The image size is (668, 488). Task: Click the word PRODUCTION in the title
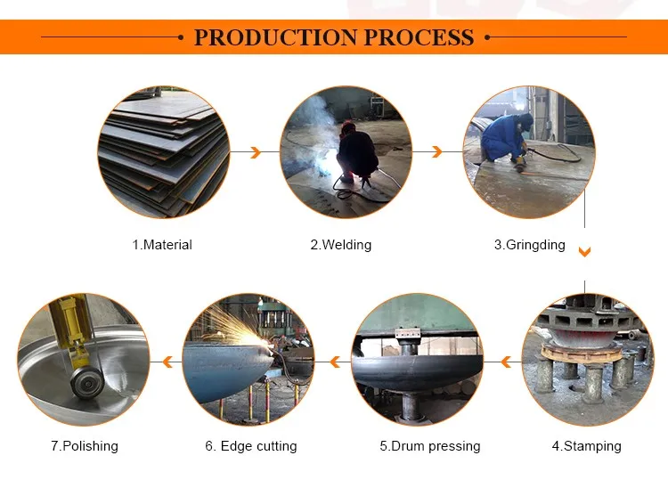pyautogui.click(x=265, y=37)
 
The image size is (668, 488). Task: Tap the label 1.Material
pyautogui.click(x=162, y=245)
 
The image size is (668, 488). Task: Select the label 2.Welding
pyautogui.click(x=340, y=245)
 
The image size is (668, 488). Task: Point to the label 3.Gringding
pyautogui.click(x=529, y=245)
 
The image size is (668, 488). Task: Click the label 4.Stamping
pyautogui.click(x=586, y=446)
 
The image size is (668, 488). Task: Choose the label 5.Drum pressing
pyautogui.click(x=429, y=446)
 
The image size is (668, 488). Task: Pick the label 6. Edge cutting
pyautogui.click(x=251, y=446)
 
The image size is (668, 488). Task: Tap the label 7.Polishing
pyautogui.click(x=83, y=446)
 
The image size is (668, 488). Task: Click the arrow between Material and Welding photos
pyautogui.click(x=255, y=153)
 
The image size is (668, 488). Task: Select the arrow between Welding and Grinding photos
pyautogui.click(x=436, y=153)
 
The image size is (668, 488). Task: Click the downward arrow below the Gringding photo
pyautogui.click(x=584, y=253)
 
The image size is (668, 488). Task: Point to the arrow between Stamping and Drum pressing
pyautogui.click(x=505, y=362)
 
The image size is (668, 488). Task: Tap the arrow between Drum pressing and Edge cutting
pyautogui.click(x=334, y=362)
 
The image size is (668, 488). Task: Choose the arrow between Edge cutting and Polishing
pyautogui.click(x=166, y=362)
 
